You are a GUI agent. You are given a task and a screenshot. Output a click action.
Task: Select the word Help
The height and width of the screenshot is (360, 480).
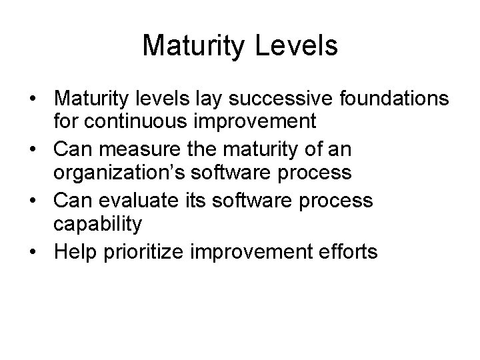point(77,252)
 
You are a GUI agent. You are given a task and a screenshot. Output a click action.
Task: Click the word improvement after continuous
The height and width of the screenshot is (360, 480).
point(242,122)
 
